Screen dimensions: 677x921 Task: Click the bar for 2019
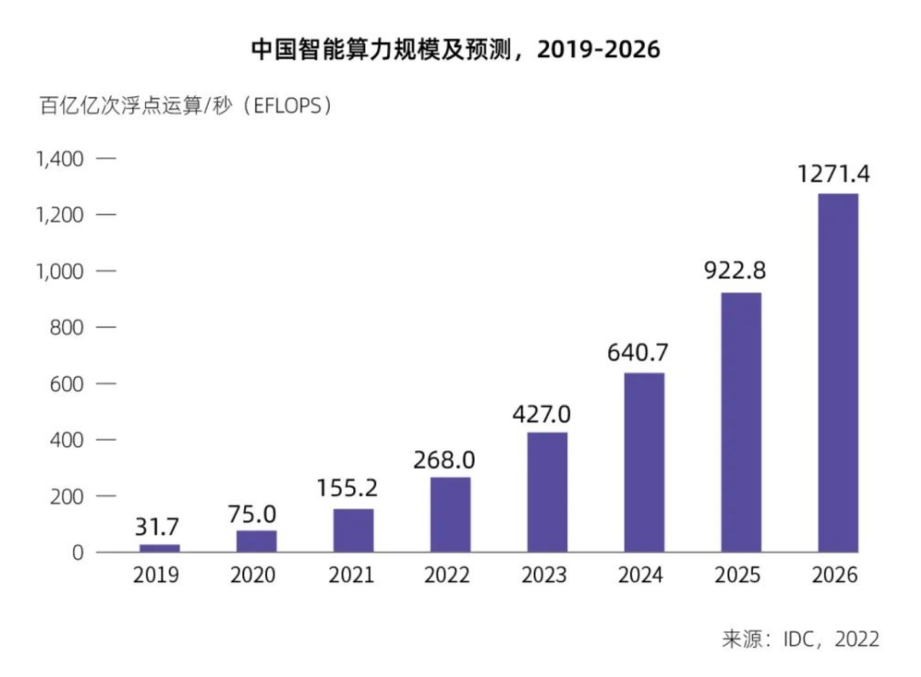coord(159,547)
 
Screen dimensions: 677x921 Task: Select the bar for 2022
coord(449,514)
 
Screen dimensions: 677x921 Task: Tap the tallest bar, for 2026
coord(837,373)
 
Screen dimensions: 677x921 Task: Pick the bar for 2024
coord(644,462)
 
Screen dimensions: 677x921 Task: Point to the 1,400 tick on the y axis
coord(60,159)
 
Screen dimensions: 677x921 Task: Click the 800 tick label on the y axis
coord(67,327)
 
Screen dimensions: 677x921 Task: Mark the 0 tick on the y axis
coord(78,553)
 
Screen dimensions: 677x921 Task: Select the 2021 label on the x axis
coord(351,576)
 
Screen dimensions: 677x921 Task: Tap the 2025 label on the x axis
coord(739,576)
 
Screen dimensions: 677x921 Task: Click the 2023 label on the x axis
coord(545,576)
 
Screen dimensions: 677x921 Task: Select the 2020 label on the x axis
coord(253,576)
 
